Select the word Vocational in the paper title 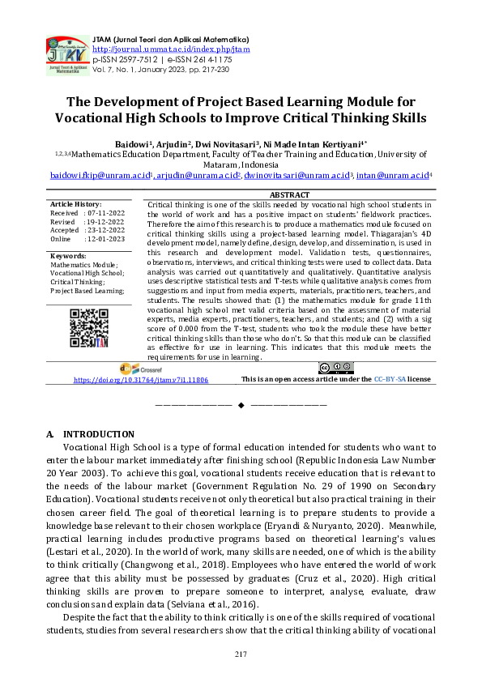(95, 117)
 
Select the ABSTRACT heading (289, 195)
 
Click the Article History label (75, 204)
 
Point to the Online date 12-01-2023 (103, 239)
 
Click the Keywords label (69, 256)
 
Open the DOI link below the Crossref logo (141, 379)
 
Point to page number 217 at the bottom (241, 654)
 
